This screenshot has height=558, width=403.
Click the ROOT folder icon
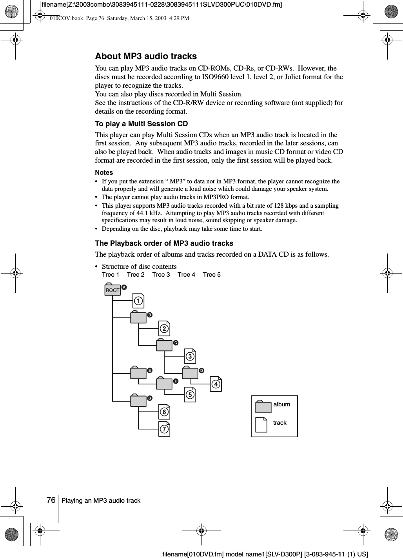(113, 290)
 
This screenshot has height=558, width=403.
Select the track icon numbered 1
(138, 301)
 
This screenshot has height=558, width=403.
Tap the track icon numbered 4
(216, 384)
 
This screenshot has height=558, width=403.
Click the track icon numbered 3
(190, 357)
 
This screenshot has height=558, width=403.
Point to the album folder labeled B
(138, 317)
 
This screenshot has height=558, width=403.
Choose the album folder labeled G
(138, 400)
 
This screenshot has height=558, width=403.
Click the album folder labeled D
(190, 373)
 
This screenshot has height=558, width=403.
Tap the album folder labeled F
(164, 383)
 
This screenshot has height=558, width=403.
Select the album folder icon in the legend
(263, 407)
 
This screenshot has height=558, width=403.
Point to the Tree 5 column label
(212, 275)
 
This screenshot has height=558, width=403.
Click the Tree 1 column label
(111, 275)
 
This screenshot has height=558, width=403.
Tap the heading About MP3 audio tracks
(146, 56)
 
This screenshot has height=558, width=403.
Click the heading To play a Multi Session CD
(142, 124)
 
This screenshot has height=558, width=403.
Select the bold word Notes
(104, 172)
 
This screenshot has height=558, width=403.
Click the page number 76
(51, 500)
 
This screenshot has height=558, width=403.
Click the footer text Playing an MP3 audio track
(101, 501)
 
